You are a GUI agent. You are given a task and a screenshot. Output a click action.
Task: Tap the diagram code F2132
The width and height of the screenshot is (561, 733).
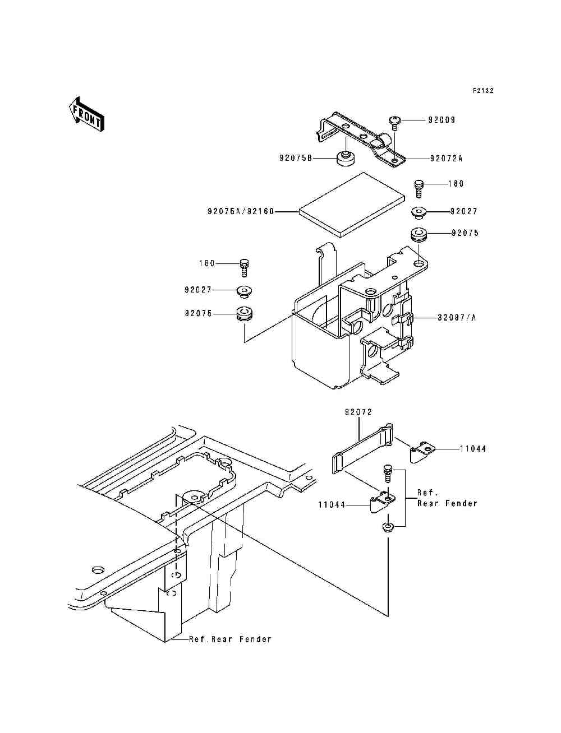(482, 90)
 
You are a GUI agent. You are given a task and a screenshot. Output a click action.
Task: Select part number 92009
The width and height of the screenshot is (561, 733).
(442, 120)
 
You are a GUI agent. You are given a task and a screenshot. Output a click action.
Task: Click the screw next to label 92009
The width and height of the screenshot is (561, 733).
(394, 122)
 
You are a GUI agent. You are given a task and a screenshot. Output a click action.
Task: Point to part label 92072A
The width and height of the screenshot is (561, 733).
(447, 159)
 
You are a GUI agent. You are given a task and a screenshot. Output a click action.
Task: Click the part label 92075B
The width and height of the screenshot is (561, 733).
(295, 159)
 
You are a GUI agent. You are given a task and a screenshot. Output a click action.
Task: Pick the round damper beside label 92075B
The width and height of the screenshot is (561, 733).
(346, 159)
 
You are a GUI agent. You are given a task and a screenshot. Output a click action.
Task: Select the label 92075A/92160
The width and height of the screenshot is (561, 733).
(241, 212)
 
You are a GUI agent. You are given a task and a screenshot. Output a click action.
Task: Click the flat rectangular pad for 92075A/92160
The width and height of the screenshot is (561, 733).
(352, 205)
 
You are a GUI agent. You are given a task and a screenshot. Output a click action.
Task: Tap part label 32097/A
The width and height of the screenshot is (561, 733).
(457, 318)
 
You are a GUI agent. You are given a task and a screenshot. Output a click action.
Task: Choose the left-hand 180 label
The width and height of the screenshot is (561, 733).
(206, 263)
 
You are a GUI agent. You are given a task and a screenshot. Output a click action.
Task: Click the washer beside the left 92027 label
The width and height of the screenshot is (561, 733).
(243, 291)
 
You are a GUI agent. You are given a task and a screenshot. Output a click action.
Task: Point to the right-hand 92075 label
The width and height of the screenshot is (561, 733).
(465, 233)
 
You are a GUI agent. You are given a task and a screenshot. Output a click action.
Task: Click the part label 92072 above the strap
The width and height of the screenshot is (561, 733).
(359, 412)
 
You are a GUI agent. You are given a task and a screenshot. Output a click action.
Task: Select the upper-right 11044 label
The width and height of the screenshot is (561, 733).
(473, 449)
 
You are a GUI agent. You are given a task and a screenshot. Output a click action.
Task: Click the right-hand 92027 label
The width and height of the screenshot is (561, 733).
(463, 211)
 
